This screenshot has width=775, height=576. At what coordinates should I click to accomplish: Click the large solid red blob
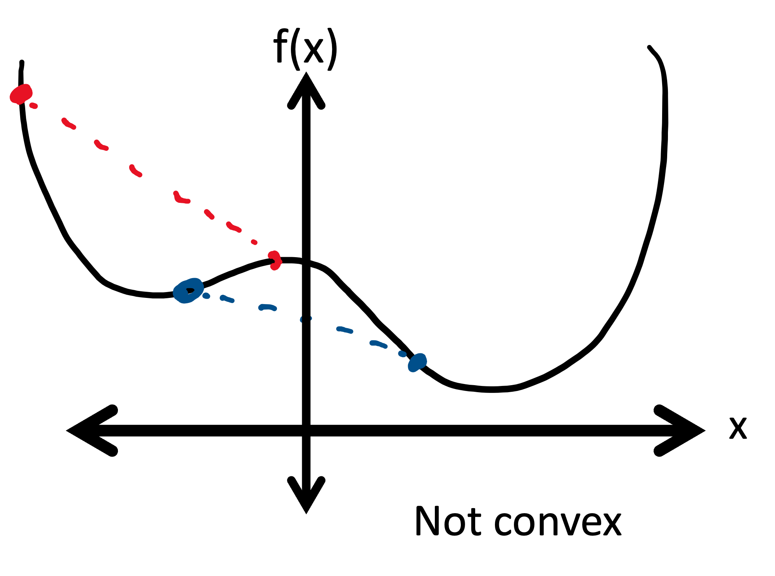pyautogui.click(x=21, y=94)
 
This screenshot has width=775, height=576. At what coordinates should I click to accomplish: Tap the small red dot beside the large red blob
pyautogui.click(x=34, y=106)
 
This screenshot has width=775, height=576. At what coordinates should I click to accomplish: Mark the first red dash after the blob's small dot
pyautogui.click(x=69, y=124)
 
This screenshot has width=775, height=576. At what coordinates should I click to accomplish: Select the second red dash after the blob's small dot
pyautogui.click(x=101, y=146)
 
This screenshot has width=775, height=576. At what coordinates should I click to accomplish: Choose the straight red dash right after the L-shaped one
pyautogui.click(x=209, y=214)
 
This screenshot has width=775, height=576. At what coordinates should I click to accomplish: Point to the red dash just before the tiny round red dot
pyautogui.click(x=234, y=227)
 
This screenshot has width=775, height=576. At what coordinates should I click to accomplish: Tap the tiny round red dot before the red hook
pyautogui.click(x=254, y=242)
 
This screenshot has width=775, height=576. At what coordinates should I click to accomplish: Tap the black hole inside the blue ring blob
pyautogui.click(x=190, y=291)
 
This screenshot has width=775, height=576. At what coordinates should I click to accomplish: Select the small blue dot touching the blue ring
pyautogui.click(x=206, y=296)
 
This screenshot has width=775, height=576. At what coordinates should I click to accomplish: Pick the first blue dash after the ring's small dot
pyautogui.click(x=227, y=299)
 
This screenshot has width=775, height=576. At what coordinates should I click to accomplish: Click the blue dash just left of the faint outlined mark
pyautogui.click(x=267, y=307)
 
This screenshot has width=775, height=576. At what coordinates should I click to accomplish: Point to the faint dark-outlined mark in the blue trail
pyautogui.click(x=306, y=319)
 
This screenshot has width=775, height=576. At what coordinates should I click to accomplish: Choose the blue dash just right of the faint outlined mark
pyautogui.click(x=344, y=330)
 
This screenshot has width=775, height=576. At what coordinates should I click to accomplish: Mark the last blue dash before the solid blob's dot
pyautogui.click(x=378, y=344)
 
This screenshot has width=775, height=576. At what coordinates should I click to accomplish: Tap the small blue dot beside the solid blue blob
pyautogui.click(x=402, y=354)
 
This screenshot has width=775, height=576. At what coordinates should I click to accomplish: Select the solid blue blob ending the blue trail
pyautogui.click(x=417, y=362)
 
